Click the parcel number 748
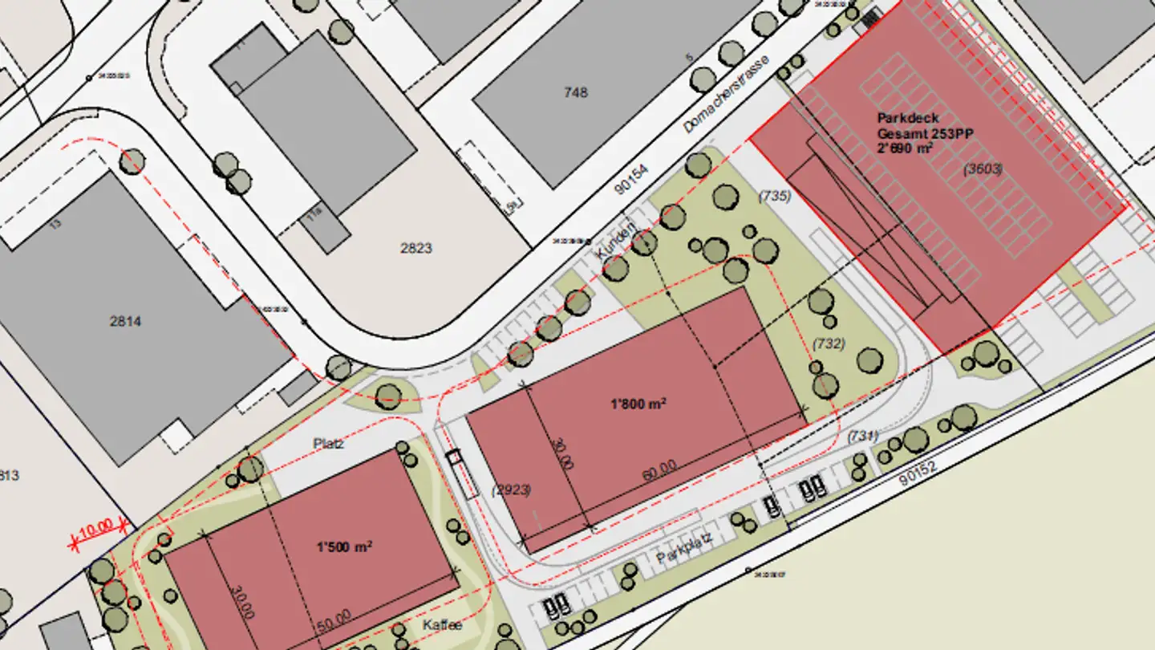576,92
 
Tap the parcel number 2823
416,248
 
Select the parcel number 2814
125,322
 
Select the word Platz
328,443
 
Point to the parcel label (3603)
983,169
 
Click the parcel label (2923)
512,490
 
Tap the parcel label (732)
829,343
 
